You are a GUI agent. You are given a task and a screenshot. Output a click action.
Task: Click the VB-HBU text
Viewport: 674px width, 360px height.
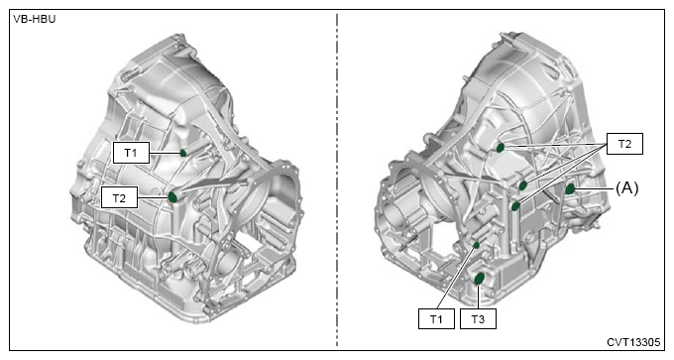pyautogui.click(x=35, y=19)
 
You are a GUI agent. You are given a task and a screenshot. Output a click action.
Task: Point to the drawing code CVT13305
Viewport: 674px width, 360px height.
pyautogui.click(x=633, y=342)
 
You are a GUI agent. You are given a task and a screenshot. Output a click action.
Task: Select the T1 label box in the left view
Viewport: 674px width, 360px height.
pyautogui.click(x=131, y=153)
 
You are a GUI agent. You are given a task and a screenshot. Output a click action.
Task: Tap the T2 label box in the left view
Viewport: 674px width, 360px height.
pyautogui.click(x=119, y=197)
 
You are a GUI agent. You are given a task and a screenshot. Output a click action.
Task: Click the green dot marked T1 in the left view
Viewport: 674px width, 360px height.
pyautogui.click(x=183, y=153)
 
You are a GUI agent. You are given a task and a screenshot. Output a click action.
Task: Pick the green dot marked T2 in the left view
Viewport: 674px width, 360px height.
pyautogui.click(x=172, y=197)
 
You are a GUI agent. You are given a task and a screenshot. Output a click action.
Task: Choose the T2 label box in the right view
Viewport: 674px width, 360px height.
pyautogui.click(x=624, y=144)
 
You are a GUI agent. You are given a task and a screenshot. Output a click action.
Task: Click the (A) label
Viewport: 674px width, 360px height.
pyautogui.click(x=626, y=188)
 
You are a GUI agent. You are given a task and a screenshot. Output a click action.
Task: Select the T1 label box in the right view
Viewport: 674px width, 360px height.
pyautogui.click(x=436, y=318)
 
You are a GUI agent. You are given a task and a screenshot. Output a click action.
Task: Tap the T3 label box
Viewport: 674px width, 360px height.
pyautogui.click(x=478, y=318)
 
